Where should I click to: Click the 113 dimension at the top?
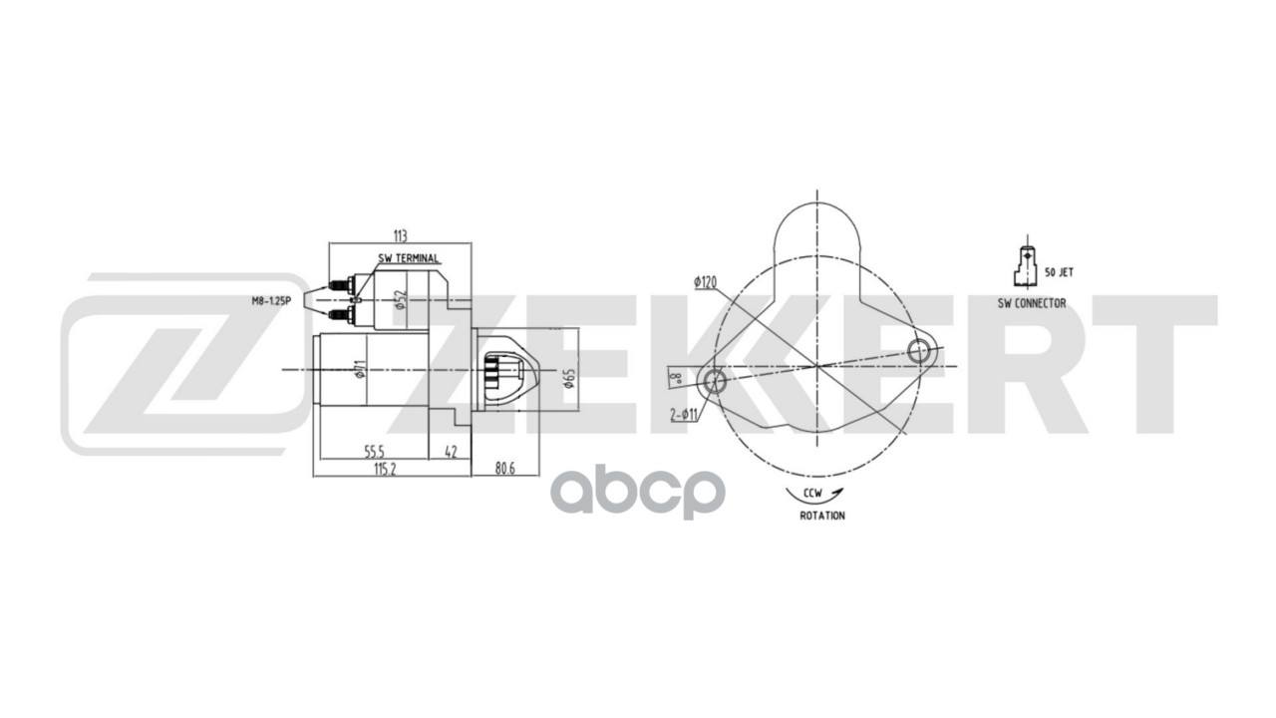(x=400, y=236)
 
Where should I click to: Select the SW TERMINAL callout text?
(x=409, y=259)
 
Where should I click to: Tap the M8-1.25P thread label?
(x=271, y=299)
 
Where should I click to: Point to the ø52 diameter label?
(x=399, y=299)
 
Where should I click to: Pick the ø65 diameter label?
(x=570, y=378)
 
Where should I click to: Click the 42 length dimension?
(x=450, y=451)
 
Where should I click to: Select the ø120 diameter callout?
(x=706, y=282)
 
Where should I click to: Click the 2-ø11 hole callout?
(x=685, y=413)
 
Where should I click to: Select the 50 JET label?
(x=1059, y=271)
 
